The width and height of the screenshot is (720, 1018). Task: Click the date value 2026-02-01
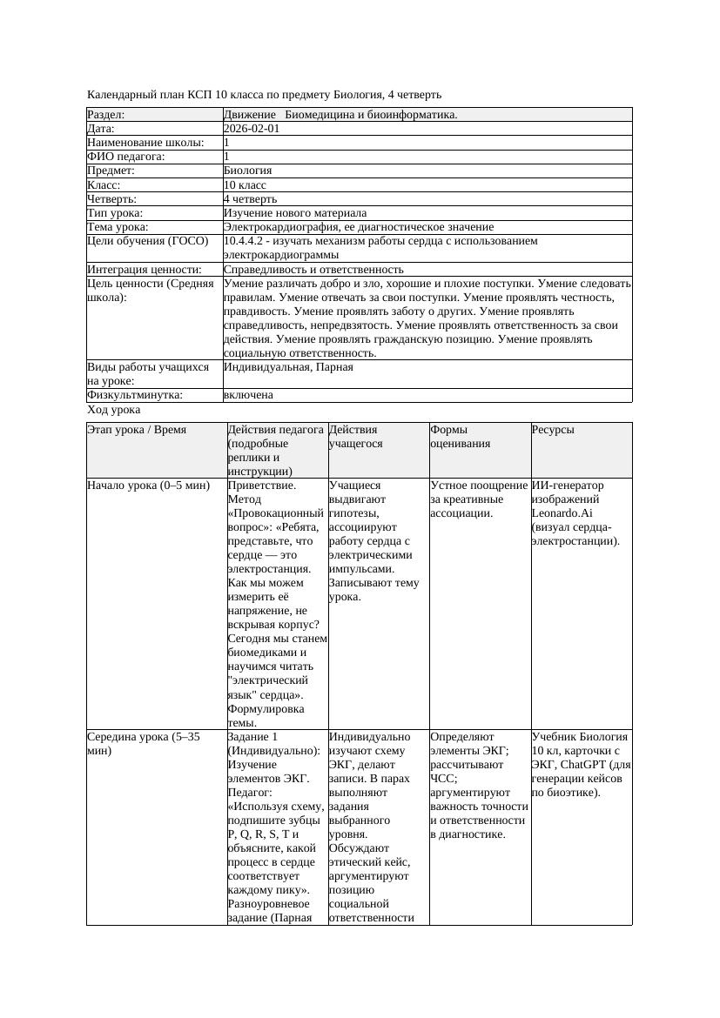pos(252,128)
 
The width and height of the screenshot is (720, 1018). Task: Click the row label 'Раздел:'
pos(106,114)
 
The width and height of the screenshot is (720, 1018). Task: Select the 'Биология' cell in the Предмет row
pos(248,171)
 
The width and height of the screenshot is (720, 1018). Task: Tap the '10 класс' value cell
pos(245,184)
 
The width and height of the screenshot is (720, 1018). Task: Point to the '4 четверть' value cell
pos(250,198)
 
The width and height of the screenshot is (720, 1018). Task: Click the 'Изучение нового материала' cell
pos(295,212)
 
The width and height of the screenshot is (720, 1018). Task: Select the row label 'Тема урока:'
pos(118,227)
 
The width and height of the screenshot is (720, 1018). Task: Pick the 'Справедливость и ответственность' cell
pos(313,270)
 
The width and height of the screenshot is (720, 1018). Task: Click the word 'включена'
pos(248,395)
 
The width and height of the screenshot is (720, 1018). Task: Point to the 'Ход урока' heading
pos(114,409)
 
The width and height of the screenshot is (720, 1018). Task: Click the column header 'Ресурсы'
pos(553,430)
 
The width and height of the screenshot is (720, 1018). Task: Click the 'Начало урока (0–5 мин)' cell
pos(149,486)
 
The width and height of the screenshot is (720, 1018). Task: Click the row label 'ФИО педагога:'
pos(126,157)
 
